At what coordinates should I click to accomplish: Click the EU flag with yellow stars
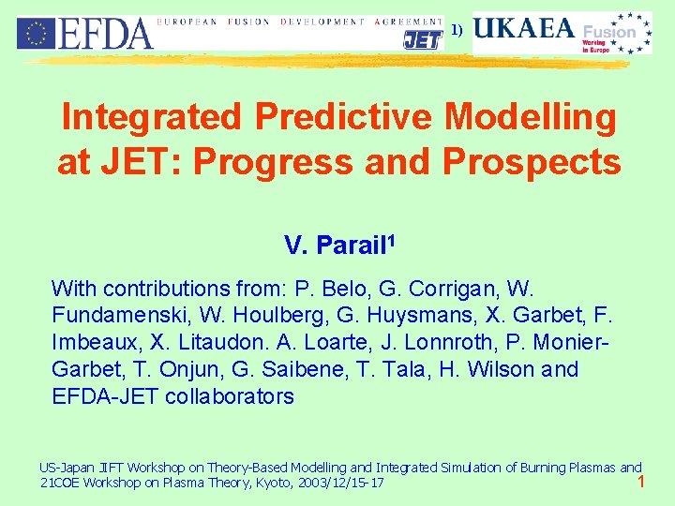pyautogui.click(x=36, y=33)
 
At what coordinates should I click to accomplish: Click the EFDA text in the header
pyautogui.click(x=105, y=34)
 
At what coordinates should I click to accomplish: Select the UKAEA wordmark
pyautogui.click(x=523, y=29)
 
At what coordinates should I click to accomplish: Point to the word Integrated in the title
pyautogui.click(x=150, y=118)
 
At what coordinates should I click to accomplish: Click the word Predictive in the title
pyautogui.click(x=338, y=118)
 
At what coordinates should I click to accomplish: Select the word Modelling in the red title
pyautogui.click(x=531, y=118)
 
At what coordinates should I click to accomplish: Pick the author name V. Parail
pyautogui.click(x=335, y=246)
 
